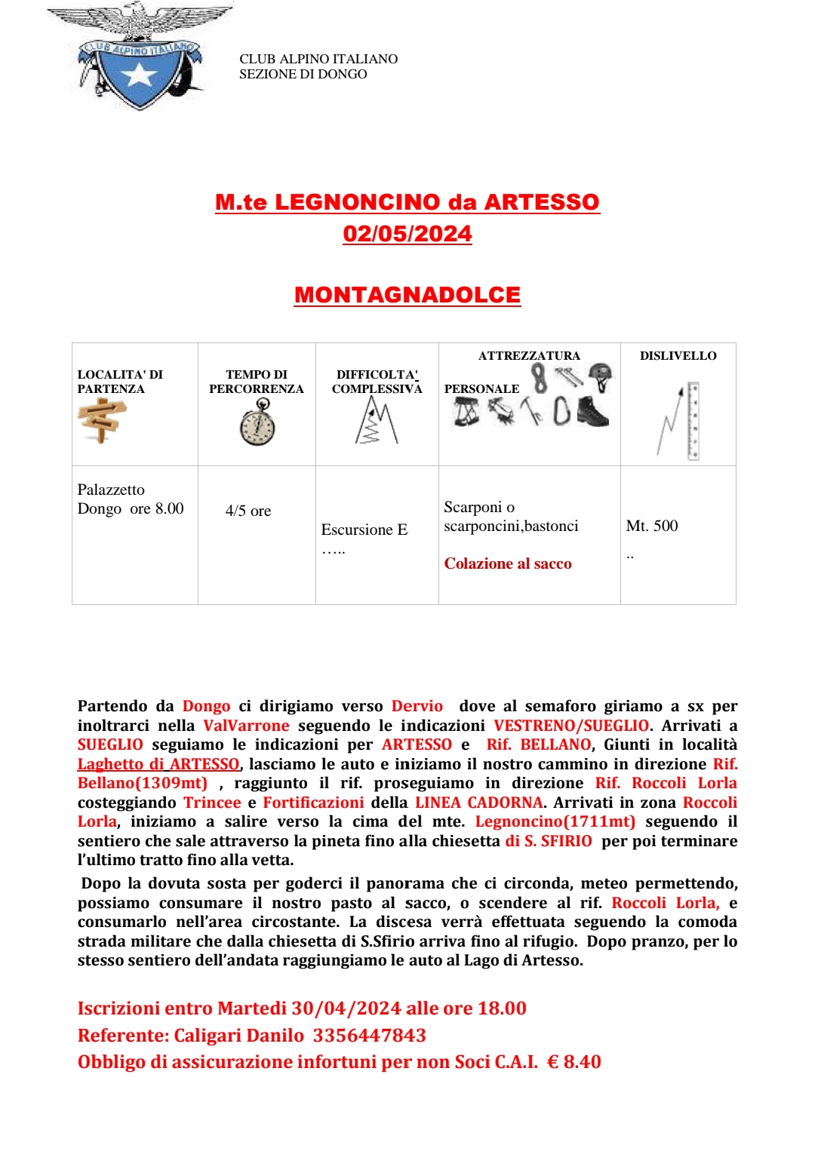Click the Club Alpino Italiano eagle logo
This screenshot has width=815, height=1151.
point(140,57)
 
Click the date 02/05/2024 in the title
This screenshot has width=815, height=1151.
point(407,234)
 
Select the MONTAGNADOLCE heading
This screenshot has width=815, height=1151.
point(407,295)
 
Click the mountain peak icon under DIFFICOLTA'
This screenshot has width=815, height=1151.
point(376,420)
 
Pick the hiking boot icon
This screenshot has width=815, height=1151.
point(592,412)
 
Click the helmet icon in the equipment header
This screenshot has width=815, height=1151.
point(601,376)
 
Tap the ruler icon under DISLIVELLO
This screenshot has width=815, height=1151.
point(693,421)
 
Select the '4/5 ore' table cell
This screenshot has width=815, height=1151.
point(248,511)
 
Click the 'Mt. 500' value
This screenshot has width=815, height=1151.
point(652,526)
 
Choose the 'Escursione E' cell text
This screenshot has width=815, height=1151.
point(364,529)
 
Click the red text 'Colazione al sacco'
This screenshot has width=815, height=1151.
point(508,563)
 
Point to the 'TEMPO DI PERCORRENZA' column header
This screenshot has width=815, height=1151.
point(257,382)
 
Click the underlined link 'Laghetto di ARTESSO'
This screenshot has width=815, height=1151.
point(158,764)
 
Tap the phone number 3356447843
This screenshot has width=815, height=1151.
point(370,1036)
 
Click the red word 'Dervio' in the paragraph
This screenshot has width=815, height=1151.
point(417,706)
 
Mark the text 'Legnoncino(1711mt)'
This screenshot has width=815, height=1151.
point(555,821)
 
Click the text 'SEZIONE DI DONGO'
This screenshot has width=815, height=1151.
point(303,74)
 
